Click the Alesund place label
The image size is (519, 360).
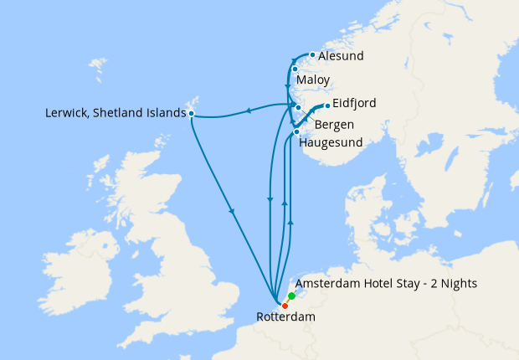341,57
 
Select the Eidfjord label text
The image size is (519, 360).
354,104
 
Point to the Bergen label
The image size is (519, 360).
334,125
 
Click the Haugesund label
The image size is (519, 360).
331,142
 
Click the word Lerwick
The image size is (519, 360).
65,113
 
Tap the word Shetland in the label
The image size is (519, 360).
117,113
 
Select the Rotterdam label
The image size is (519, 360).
285,317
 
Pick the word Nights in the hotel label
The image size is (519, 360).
458,284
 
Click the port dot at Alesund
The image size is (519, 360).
312,55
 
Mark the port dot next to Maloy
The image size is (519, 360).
295,69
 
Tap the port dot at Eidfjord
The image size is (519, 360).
326,105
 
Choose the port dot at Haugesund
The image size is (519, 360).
297,132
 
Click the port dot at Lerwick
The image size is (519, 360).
192,113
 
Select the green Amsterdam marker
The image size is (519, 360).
291,296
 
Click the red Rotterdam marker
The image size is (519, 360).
285,306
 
